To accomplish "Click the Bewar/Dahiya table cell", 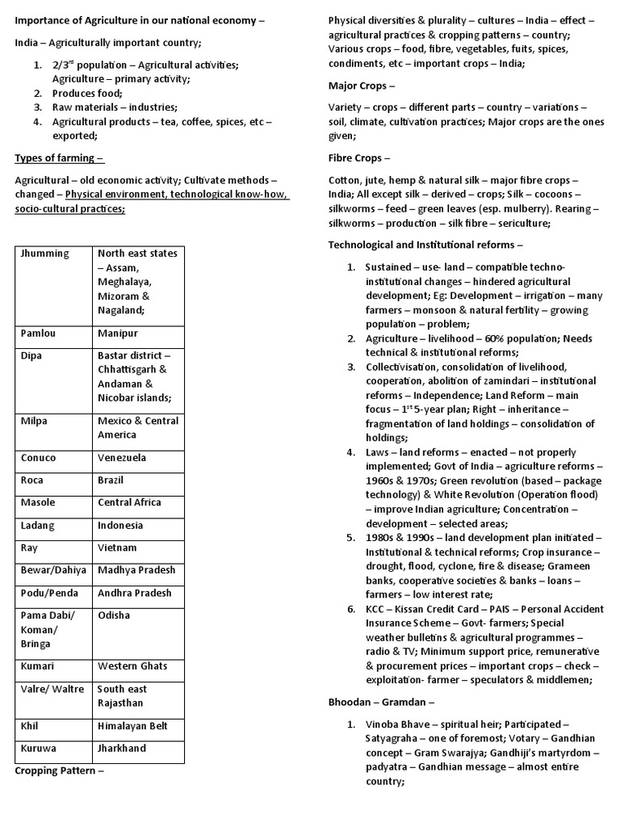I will (x=52, y=570).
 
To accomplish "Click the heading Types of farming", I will (x=60, y=157).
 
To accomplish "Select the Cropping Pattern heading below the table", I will (x=61, y=770).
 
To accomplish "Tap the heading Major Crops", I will (x=362, y=86).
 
